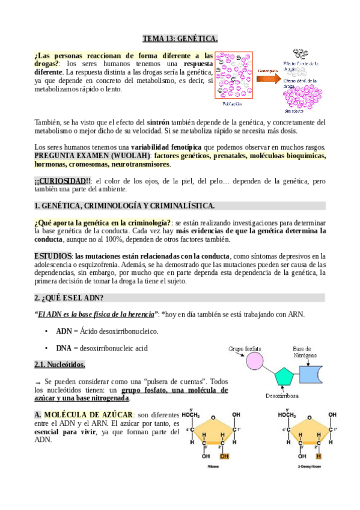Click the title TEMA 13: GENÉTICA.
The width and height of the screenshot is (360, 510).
[180, 39]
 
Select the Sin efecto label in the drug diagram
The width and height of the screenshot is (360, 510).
[293, 111]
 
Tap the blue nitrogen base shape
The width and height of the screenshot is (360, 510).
[313, 375]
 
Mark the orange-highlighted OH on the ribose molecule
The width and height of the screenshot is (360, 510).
[224, 455]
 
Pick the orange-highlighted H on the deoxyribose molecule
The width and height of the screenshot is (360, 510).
[319, 455]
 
